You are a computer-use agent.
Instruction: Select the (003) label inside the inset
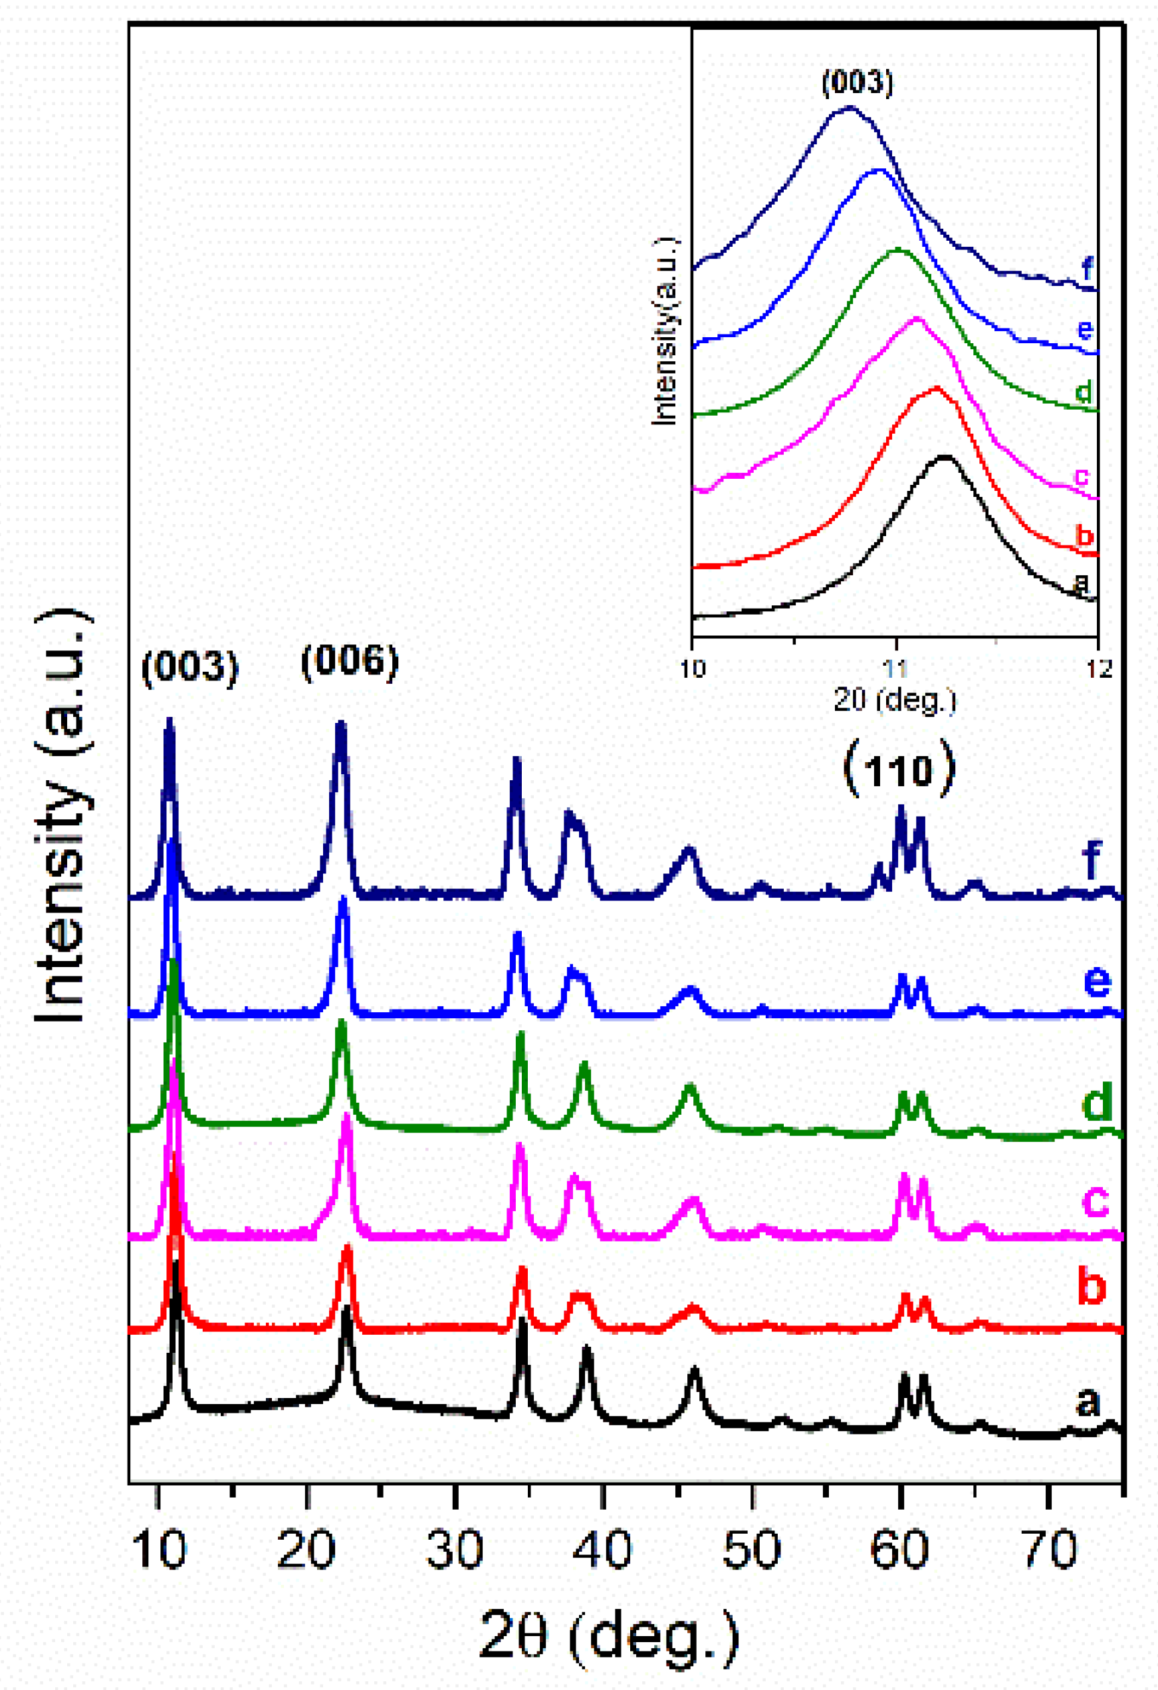(857, 82)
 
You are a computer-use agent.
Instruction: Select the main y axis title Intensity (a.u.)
(62, 815)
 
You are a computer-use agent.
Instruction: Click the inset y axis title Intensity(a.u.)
(664, 331)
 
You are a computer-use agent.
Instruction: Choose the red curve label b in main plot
(1091, 1285)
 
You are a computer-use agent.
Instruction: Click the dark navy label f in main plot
(1092, 860)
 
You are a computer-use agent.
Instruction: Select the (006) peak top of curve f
(340, 724)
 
